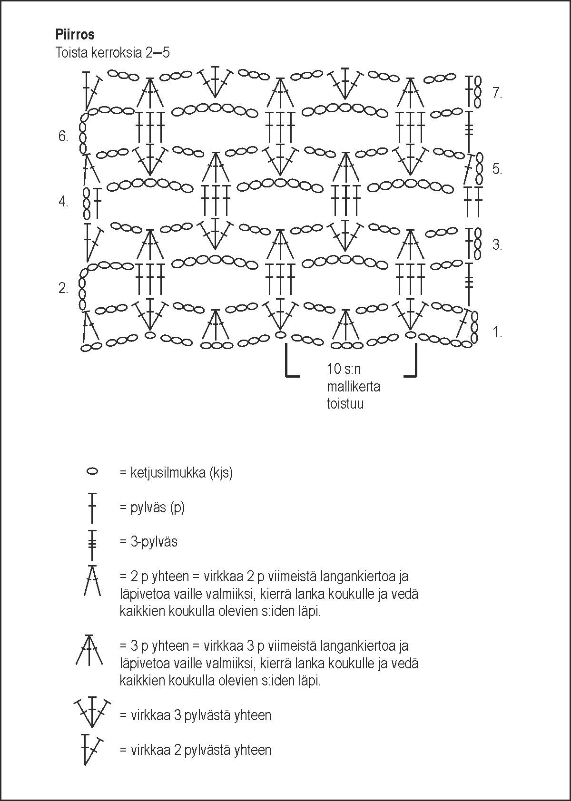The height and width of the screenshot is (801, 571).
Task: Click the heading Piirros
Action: (x=75, y=35)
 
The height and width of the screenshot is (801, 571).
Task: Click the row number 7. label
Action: (x=497, y=94)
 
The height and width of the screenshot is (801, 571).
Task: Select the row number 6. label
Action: (x=63, y=137)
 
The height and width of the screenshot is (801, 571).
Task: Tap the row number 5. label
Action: (x=497, y=169)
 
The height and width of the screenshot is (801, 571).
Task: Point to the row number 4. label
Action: (x=63, y=202)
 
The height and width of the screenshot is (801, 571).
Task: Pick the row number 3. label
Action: (x=497, y=245)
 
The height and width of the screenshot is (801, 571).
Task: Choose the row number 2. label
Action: (x=63, y=288)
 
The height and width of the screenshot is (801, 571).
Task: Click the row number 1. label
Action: (x=497, y=332)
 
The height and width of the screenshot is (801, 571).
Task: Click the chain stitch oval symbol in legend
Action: (x=92, y=472)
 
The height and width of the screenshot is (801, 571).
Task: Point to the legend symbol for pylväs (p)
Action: (x=92, y=508)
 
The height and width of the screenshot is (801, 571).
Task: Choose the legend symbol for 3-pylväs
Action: (x=92, y=544)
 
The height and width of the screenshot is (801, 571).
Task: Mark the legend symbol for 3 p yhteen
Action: (x=89, y=650)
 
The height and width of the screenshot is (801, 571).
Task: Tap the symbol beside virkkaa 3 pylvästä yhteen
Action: (x=92, y=712)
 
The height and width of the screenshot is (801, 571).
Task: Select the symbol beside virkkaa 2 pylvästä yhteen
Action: (x=92, y=750)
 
